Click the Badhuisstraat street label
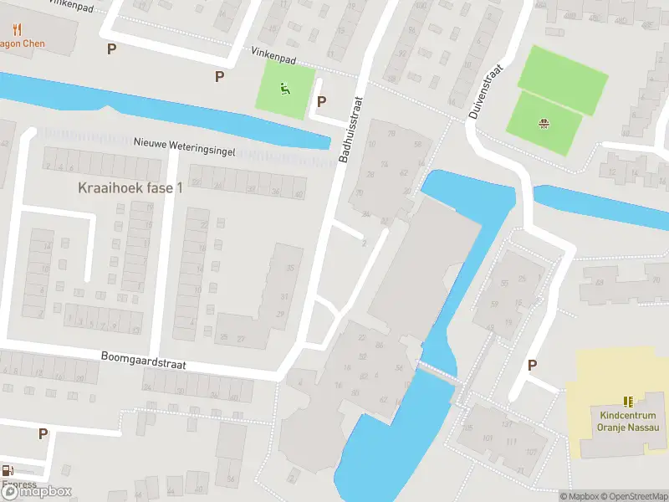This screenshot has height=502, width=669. (x=352, y=129)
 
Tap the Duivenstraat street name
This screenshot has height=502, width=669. (x=486, y=91)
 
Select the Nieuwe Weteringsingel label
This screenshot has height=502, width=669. (x=185, y=146)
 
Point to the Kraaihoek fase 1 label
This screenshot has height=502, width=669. (x=130, y=188)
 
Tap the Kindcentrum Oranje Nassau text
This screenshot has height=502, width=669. (x=629, y=421)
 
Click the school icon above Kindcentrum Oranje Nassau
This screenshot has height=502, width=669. (x=629, y=402)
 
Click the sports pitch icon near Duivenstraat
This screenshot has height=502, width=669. (x=544, y=125)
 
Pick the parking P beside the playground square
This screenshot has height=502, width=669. (x=321, y=101)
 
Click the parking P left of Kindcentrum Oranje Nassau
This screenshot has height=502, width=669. (x=532, y=365)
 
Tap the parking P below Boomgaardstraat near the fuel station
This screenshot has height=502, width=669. (x=43, y=433)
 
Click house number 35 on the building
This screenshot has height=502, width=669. (x=290, y=268)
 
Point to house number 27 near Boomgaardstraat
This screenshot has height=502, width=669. (x=240, y=338)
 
